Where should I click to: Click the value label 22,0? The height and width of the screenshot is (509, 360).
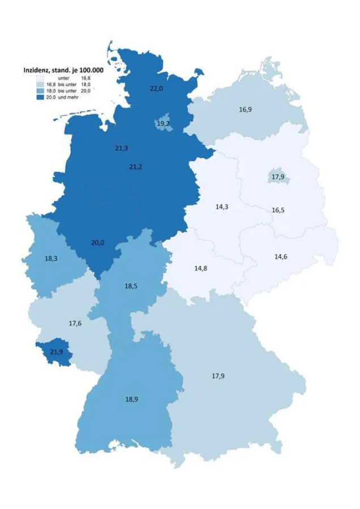[x=156, y=89]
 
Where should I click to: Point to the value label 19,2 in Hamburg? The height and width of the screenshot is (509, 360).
[x=164, y=123]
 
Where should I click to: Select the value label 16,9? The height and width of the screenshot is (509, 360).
[x=245, y=109]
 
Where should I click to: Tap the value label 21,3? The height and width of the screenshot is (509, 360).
[x=121, y=148]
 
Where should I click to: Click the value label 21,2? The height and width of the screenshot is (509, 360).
[x=136, y=167]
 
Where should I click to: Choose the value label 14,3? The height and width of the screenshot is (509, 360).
[x=221, y=207]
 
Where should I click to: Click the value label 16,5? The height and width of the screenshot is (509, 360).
[x=278, y=210]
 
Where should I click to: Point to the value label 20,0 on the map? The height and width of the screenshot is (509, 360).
[x=97, y=243]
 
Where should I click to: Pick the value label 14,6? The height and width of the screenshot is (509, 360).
[x=281, y=256]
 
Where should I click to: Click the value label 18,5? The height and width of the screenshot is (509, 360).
[x=131, y=286]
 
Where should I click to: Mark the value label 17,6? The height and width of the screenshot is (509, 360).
[x=75, y=323]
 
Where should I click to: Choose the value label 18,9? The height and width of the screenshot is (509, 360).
[x=132, y=399]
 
